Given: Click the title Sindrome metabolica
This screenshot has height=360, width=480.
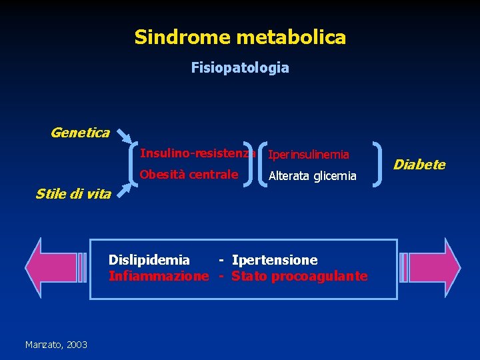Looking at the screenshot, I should pos(240,37).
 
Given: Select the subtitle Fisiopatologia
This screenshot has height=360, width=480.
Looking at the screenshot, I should pos(240,68).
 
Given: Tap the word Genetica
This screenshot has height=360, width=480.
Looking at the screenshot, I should pos(80,133).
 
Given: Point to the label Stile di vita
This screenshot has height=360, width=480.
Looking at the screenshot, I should pos(73,194).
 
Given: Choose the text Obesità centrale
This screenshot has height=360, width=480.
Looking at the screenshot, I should pos(189,175).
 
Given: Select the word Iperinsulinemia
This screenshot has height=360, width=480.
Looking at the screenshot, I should pos(308,155).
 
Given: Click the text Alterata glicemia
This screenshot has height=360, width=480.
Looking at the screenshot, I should pos(312,176).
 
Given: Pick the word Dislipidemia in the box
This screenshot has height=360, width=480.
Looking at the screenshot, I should pos(149,260).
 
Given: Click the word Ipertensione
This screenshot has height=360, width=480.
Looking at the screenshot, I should pos(275,260).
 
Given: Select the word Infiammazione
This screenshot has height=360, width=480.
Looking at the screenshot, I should pos(159,276).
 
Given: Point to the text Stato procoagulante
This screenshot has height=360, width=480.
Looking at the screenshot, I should pos(299,276).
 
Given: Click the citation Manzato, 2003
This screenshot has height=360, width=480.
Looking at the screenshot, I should pos(56,344).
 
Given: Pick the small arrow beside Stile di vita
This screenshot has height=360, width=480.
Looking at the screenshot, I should pos(124,192).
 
